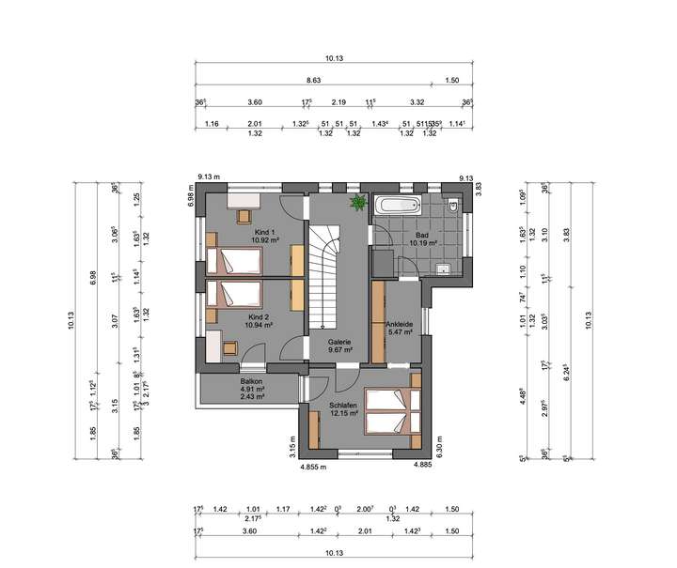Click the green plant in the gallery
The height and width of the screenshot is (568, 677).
358,203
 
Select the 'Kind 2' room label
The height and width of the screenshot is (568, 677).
260,316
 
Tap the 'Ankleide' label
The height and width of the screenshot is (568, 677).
401,324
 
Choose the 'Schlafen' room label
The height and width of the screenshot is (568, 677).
343,405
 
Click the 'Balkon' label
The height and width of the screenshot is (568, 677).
251,380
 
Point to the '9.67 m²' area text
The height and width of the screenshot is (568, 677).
340,350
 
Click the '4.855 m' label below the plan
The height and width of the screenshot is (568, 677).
313,466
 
